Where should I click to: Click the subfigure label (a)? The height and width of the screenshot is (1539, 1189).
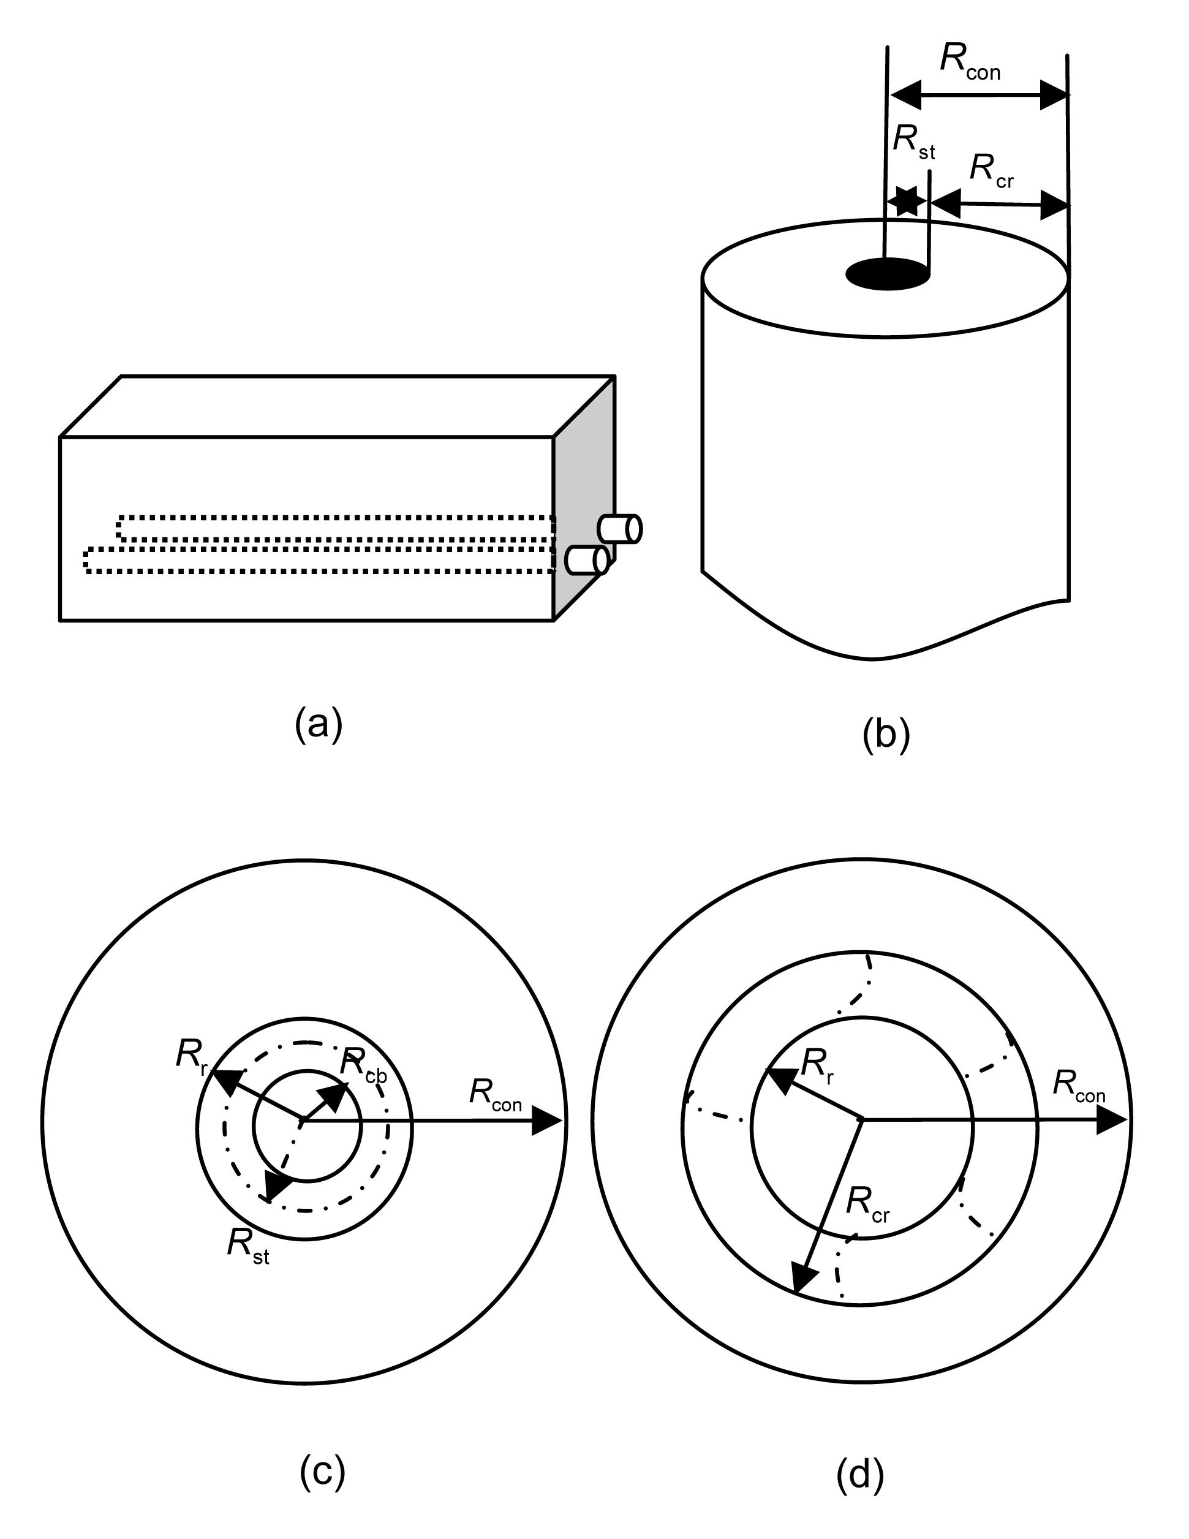[x=319, y=724]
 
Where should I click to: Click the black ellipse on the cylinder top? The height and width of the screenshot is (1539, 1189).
[x=888, y=273]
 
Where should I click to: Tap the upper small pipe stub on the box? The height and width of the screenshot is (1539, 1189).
[x=620, y=529]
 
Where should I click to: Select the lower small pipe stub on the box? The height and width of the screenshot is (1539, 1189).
[x=587, y=561]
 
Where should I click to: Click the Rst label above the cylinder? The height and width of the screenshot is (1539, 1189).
[x=913, y=141]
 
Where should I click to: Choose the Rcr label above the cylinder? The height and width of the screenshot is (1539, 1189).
[x=991, y=171]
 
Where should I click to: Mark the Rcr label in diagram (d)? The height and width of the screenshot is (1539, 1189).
[x=868, y=1204]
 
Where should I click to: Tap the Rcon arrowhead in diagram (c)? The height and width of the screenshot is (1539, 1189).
[x=546, y=1121]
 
